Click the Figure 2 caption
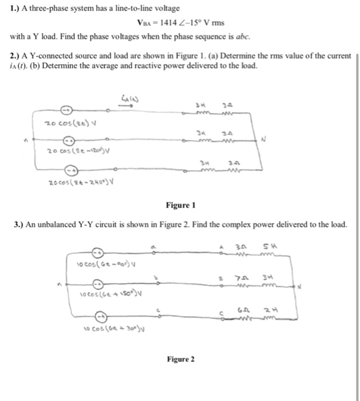(180, 359)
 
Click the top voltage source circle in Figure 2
(98, 251)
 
